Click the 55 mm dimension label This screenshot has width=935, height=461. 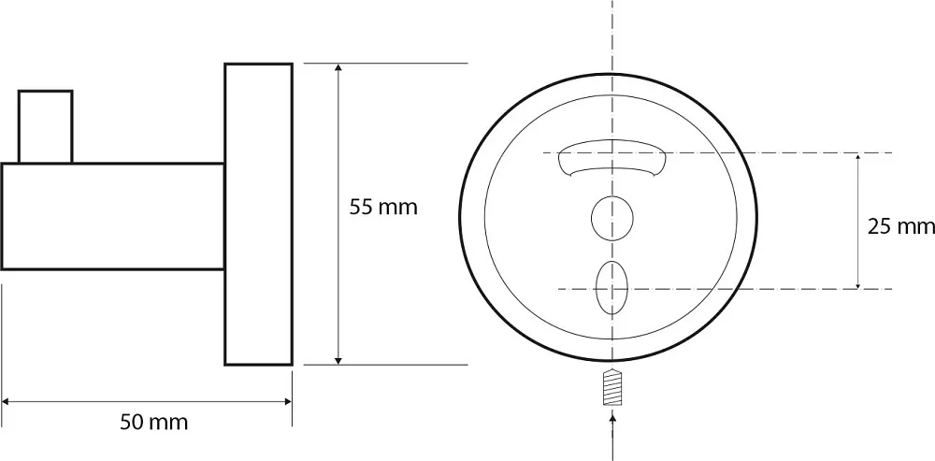pyautogui.click(x=383, y=208)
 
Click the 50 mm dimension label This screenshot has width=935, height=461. pyautogui.click(x=154, y=423)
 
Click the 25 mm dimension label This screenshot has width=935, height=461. pyautogui.click(x=901, y=226)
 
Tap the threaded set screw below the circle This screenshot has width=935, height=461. pyautogui.click(x=612, y=389)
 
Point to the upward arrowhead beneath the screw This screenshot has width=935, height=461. pyautogui.click(x=612, y=418)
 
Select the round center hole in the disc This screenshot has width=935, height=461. pyautogui.click(x=611, y=218)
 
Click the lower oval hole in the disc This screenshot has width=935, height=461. pyautogui.click(x=611, y=288)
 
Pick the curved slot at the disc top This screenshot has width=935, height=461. pyautogui.click(x=611, y=157)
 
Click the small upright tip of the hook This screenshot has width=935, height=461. pyautogui.click(x=45, y=126)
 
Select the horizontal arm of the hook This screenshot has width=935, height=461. pyautogui.click(x=113, y=217)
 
